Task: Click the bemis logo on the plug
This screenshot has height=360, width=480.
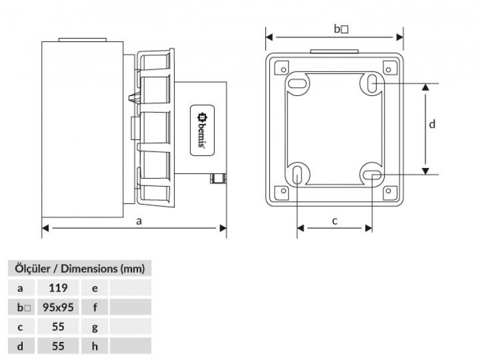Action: [x=202, y=130]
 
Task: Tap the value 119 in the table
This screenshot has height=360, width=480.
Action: [x=58, y=288]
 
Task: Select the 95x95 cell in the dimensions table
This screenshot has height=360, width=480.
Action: [x=58, y=307]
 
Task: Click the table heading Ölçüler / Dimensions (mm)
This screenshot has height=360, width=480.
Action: [x=80, y=269]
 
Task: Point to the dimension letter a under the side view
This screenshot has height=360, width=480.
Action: [x=139, y=221]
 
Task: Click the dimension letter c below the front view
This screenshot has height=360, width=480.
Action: [x=335, y=221]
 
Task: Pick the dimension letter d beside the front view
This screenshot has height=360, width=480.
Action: [x=432, y=124]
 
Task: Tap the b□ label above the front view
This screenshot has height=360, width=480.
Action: [x=341, y=29]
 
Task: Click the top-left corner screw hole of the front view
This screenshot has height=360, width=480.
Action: [x=283, y=70]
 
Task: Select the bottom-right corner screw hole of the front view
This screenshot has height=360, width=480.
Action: [x=388, y=191]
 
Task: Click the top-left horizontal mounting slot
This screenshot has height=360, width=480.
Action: [x=297, y=83]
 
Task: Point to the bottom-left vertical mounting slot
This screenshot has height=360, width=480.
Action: [x=297, y=176]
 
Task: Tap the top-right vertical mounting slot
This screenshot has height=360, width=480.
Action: [x=372, y=83]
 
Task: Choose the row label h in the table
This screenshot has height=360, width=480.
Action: [x=95, y=346]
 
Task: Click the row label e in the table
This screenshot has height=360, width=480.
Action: [x=95, y=288]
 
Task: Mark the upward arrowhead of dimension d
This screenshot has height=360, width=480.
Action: [x=425, y=87]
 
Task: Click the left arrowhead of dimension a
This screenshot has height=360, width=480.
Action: [x=45, y=228]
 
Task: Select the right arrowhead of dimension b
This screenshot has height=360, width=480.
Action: [x=400, y=37]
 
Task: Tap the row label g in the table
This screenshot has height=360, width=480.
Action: [x=95, y=327]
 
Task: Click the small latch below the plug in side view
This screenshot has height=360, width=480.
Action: [x=218, y=178]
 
